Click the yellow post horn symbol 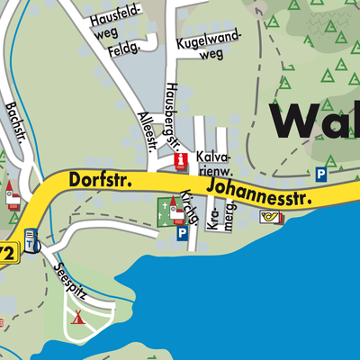[270, 217]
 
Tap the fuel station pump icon [32, 242]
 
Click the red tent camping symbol [77, 316]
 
